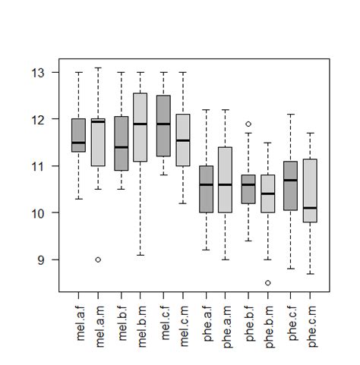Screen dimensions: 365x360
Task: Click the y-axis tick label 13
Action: (39, 73)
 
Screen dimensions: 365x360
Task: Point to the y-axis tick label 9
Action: (43, 260)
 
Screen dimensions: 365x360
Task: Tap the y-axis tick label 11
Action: (39, 166)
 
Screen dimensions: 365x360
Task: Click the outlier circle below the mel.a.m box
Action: (98, 260)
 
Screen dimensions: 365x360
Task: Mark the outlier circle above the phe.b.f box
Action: (248, 124)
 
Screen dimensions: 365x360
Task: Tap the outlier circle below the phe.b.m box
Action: (268, 283)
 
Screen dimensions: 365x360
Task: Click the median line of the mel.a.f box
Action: (77, 143)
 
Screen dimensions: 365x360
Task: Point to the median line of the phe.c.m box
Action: (310, 208)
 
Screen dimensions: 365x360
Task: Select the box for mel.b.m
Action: (141, 127)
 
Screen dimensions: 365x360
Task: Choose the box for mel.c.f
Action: (162, 126)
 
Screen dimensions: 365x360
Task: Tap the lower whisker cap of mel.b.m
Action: (141, 255)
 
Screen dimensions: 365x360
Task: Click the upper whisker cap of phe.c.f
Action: (289, 115)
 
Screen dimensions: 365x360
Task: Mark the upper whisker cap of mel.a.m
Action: (98, 68)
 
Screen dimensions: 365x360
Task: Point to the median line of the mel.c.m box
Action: (183, 140)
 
